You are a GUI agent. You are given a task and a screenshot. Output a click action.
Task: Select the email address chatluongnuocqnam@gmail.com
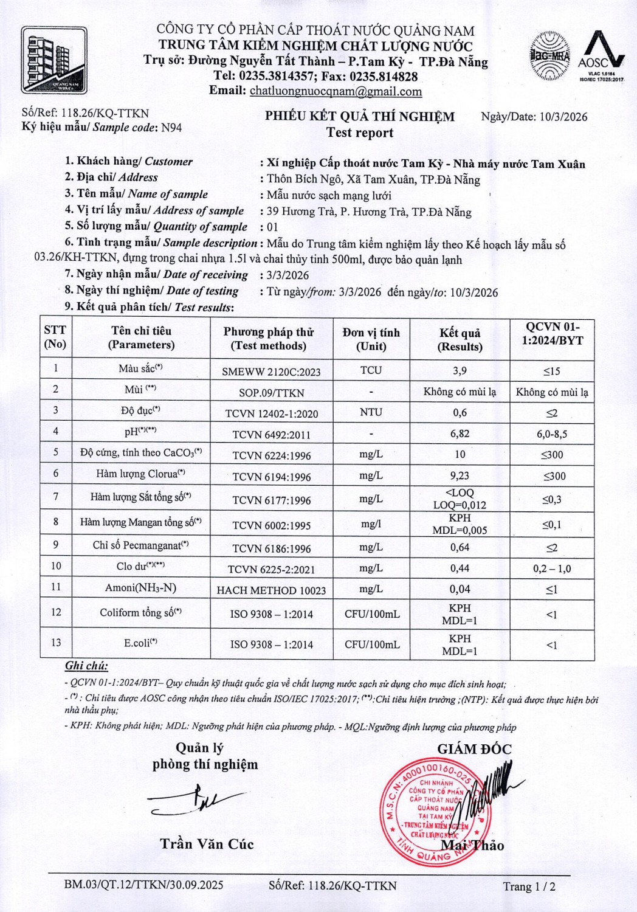tap(336, 92)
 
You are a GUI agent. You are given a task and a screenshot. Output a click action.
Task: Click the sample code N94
tap(171, 128)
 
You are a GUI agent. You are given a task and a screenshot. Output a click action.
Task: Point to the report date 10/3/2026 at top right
tap(563, 117)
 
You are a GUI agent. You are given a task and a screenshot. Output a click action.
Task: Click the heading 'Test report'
tap(360, 133)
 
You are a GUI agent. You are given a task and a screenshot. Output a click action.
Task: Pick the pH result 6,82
tap(460, 434)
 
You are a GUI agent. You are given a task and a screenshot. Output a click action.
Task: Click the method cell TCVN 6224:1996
tap(271, 455)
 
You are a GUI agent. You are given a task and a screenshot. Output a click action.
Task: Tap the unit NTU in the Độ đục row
tap(371, 412)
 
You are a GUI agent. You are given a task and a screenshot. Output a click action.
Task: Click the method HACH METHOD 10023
tap(271, 590)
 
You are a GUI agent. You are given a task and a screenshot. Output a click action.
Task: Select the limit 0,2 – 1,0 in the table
tap(551, 569)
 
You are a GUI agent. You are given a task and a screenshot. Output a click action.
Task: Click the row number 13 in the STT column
tap(56, 643)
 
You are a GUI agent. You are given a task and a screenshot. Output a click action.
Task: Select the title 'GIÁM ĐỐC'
tap(474, 749)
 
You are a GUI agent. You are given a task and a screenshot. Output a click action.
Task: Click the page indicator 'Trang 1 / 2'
tap(529, 886)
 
